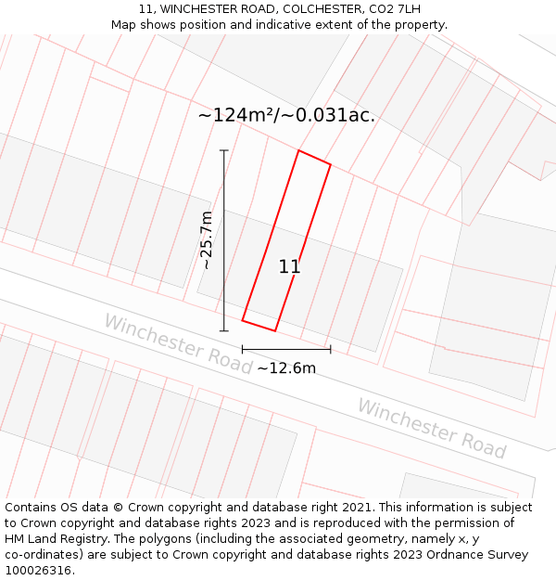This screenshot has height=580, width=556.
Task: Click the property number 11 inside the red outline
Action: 289,267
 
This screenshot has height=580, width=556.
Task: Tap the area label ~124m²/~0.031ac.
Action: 286,115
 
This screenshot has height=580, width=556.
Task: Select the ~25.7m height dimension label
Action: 207,239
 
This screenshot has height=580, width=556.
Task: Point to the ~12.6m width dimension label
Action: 286,368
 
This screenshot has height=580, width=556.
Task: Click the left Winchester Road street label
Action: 177,343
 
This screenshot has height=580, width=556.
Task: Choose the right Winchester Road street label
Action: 432,429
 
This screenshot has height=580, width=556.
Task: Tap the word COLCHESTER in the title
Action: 312,9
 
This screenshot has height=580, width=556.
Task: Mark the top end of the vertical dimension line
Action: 223,150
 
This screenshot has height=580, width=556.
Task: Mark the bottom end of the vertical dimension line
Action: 223,330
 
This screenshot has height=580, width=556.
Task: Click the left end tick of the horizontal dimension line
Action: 243,349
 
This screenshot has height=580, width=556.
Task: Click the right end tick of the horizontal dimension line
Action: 331,349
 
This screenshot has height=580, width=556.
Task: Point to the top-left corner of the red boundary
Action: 298,150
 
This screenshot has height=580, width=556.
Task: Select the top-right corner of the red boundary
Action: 331,165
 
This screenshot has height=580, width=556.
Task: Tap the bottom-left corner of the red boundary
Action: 243,320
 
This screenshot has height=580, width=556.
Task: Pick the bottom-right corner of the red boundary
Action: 275,330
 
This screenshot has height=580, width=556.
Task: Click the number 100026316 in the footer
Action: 38,571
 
